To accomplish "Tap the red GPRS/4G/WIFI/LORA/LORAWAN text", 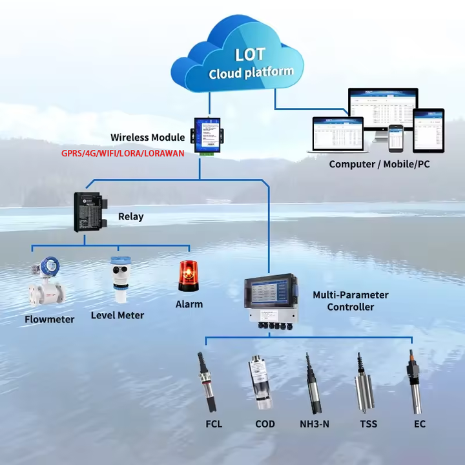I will click(x=123, y=153).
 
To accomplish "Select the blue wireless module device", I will click(x=207, y=138).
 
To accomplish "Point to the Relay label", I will click(x=130, y=217).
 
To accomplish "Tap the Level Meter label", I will click(x=117, y=315).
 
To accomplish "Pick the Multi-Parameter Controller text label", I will click(x=351, y=301).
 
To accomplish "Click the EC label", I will click(x=420, y=424).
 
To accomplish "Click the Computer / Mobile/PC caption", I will click(x=379, y=164).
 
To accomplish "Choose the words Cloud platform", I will click(x=251, y=72).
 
